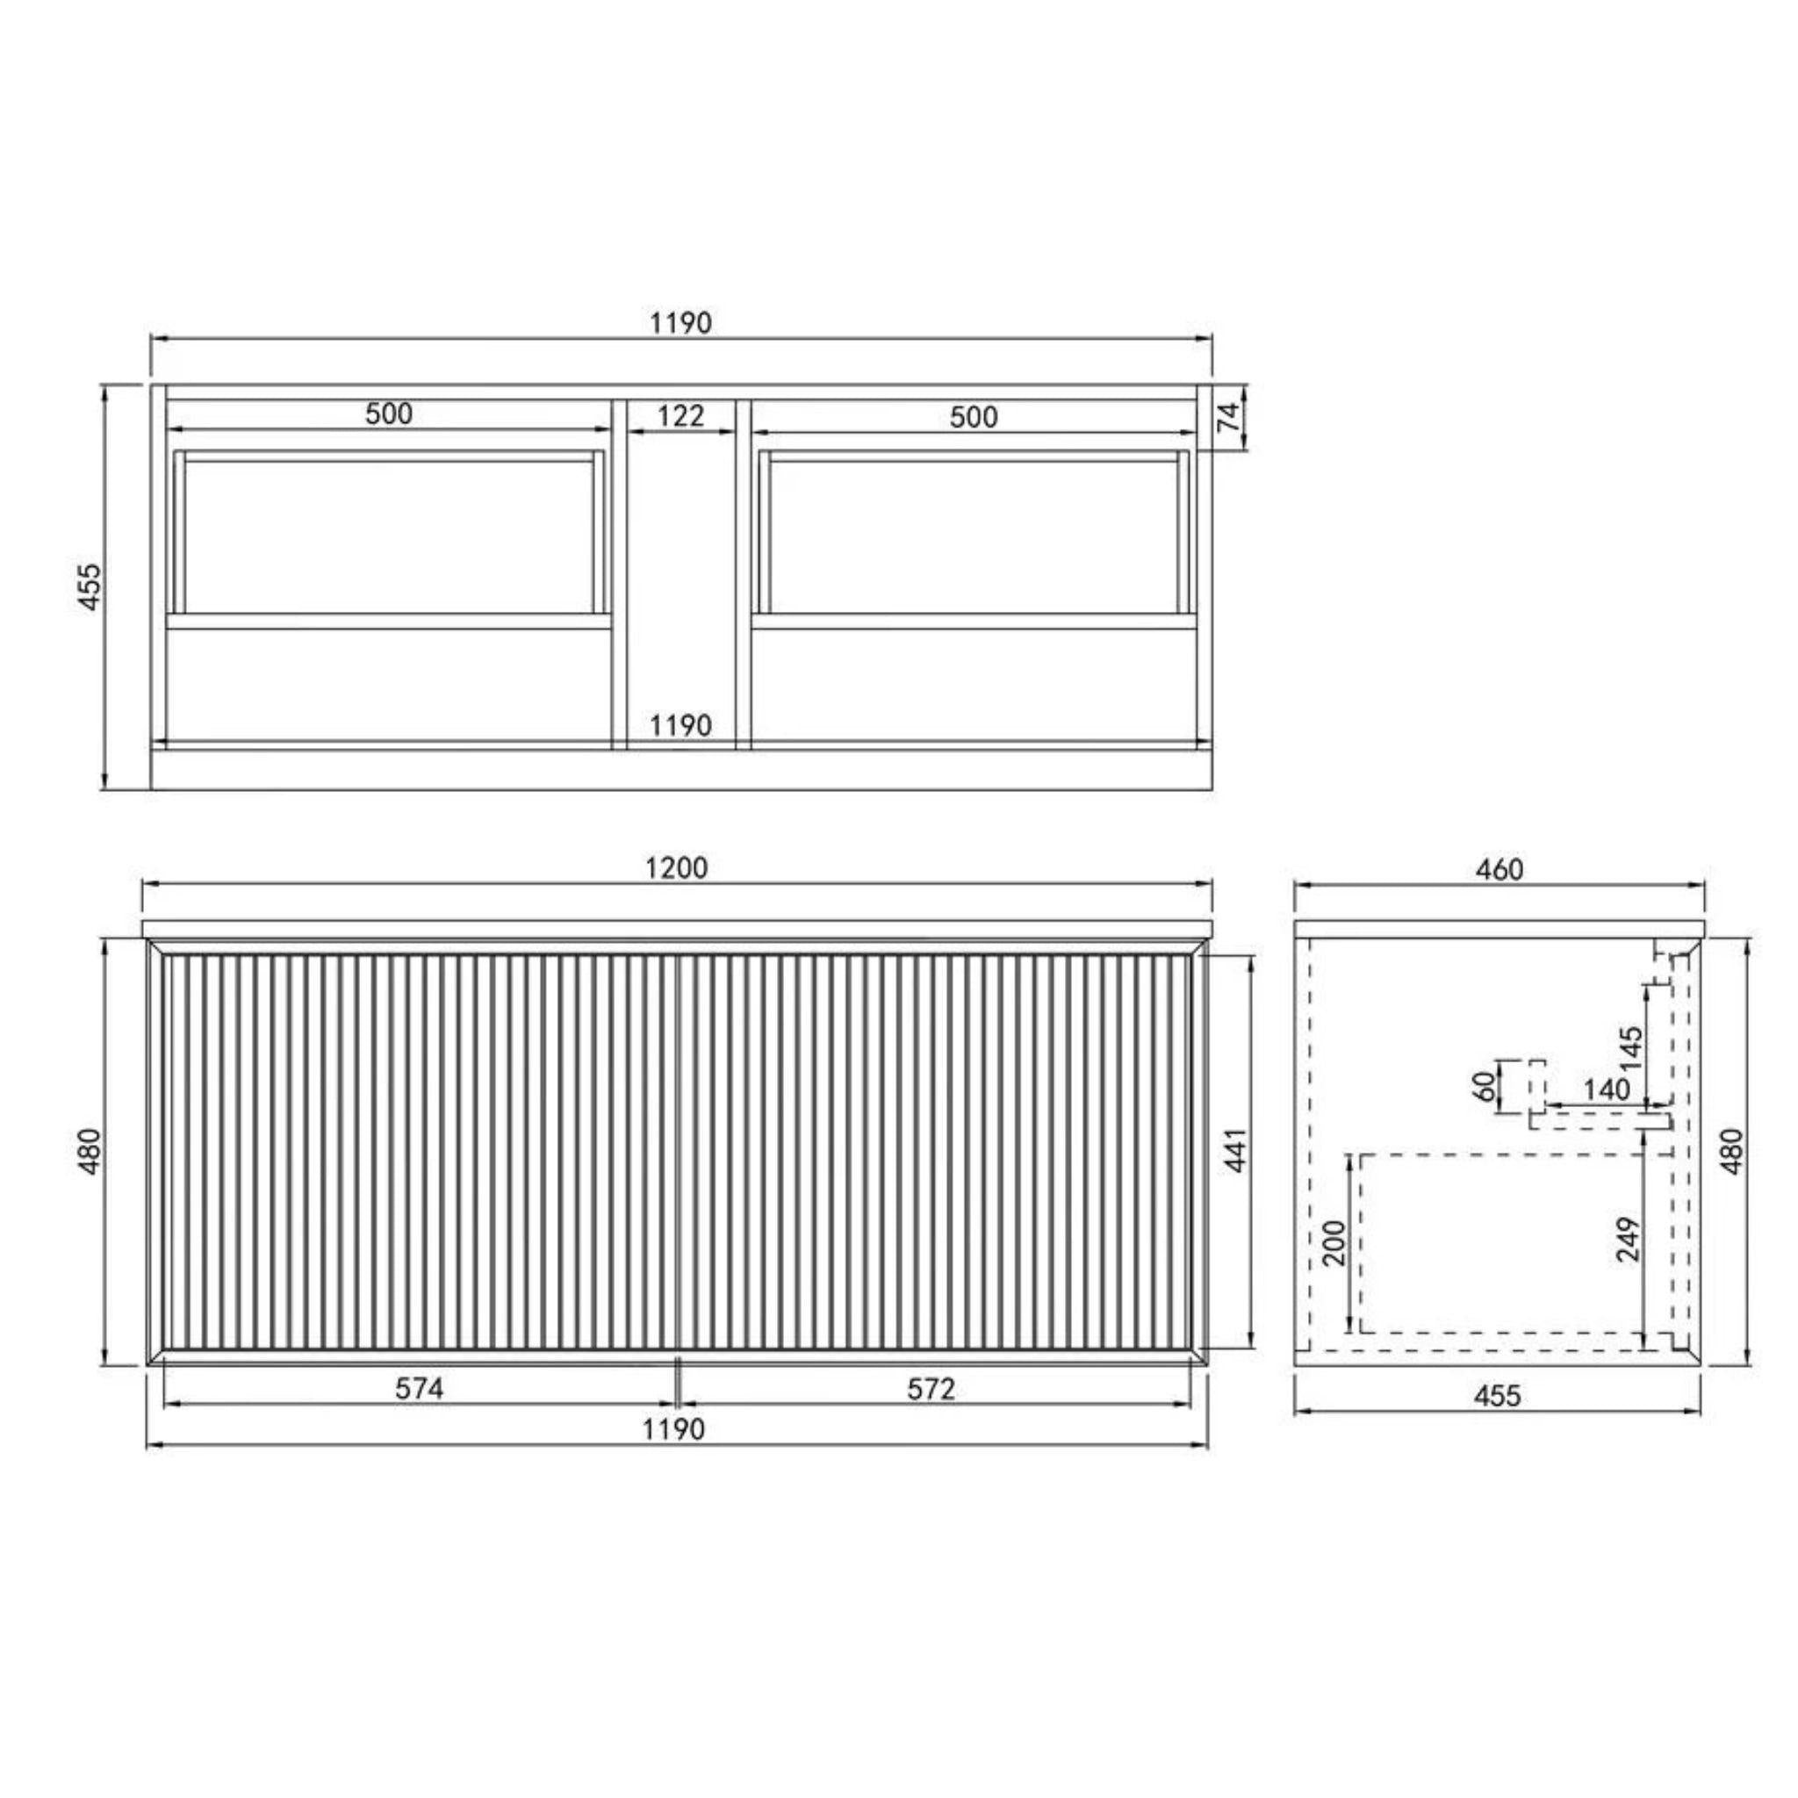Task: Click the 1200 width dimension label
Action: tap(677, 867)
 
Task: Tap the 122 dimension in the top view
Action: tap(681, 416)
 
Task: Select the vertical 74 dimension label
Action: tap(1230, 416)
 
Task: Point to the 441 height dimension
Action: tap(1235, 1149)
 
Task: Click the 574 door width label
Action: tap(420, 1389)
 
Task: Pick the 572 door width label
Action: tap(931, 1389)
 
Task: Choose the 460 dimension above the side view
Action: tap(1500, 869)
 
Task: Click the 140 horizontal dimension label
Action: tap(1607, 1089)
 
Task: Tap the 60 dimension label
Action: tap(1486, 1085)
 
